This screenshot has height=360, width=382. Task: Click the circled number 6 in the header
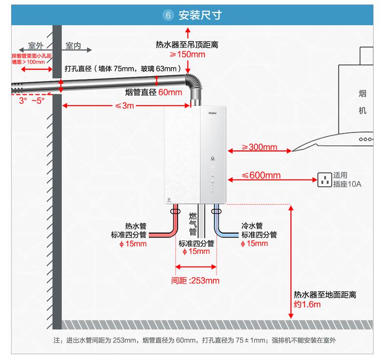click(x=168, y=15)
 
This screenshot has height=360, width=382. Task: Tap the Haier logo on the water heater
click(x=212, y=113)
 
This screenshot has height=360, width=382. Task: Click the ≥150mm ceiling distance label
click(x=187, y=54)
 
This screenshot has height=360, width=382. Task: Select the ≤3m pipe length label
click(x=124, y=105)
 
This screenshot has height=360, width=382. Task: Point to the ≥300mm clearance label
click(x=260, y=147)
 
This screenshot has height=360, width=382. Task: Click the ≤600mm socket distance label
click(x=261, y=175)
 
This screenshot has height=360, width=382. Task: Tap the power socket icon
click(x=325, y=180)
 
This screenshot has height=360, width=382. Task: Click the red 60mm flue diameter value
click(x=170, y=92)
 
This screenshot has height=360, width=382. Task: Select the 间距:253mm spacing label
click(x=195, y=281)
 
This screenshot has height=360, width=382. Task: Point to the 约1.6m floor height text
click(x=307, y=304)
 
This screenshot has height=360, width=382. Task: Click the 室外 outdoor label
click(x=36, y=45)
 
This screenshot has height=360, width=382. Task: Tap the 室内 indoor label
click(x=73, y=45)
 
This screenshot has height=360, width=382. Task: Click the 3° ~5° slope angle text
click(x=32, y=101)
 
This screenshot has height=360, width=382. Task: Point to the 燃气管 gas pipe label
click(x=193, y=224)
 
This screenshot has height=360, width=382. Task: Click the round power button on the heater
click(x=213, y=158)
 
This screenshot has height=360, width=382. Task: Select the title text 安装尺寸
click(x=200, y=15)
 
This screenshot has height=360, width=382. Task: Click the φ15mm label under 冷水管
click(x=254, y=243)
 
